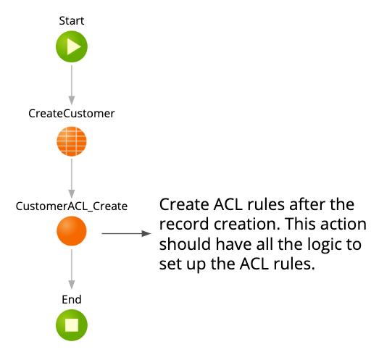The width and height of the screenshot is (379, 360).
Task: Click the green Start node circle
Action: tap(71, 48)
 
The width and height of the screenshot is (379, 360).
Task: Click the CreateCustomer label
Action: tap(71, 114)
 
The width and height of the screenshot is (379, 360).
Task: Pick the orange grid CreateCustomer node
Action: tap(71, 141)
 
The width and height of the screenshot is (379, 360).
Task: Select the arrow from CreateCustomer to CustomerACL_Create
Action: tap(71, 178)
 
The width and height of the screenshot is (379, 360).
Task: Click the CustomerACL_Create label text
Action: tap(71, 206)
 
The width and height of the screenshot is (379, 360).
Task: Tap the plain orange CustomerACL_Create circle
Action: tap(71, 234)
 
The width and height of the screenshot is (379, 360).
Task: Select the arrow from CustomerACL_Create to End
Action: tap(71, 271)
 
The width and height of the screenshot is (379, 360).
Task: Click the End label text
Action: tap(71, 299)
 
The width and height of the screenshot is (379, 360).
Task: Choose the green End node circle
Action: tap(71, 326)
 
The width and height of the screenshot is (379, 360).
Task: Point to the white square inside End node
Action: tap(71, 326)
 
